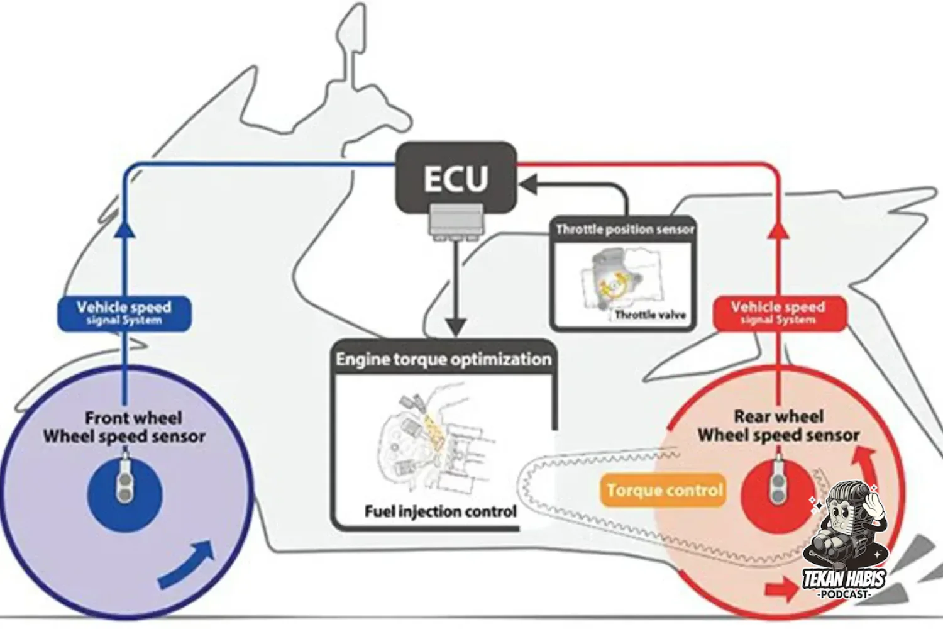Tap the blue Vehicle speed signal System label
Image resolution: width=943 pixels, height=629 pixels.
click(x=124, y=313)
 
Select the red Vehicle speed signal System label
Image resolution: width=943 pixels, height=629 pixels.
click(x=779, y=313)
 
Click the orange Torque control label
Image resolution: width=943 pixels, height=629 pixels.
click(x=663, y=490)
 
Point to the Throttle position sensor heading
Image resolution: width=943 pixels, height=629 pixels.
click(x=625, y=230)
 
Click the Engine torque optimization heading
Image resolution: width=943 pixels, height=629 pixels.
click(x=443, y=359)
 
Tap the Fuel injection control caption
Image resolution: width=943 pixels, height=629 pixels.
click(x=440, y=511)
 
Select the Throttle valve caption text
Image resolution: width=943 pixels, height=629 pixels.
click(x=650, y=314)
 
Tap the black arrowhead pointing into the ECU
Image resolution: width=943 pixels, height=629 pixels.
click(x=528, y=185)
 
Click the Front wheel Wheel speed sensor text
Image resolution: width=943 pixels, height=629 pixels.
click(x=124, y=426)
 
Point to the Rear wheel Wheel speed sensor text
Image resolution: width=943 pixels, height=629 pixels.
click(x=778, y=426)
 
